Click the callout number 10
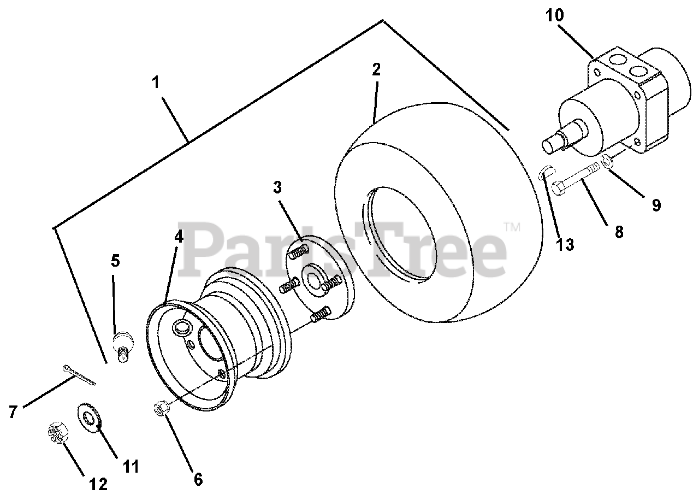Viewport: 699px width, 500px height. [554, 15]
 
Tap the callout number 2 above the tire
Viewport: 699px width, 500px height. [376, 69]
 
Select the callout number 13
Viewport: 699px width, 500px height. [565, 244]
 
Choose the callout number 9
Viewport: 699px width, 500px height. [656, 205]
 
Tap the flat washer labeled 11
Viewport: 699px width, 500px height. [87, 418]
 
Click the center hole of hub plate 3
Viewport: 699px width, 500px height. [313, 277]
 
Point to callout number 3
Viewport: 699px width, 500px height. [278, 187]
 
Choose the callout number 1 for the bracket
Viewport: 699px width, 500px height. [156, 83]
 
